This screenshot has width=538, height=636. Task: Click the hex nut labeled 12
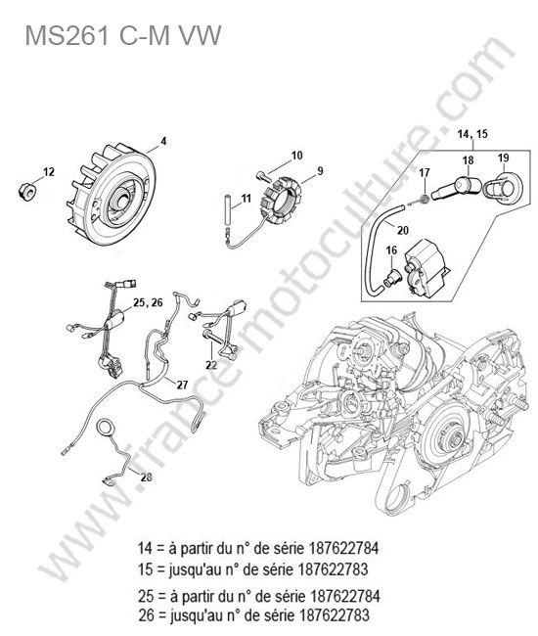click(27, 190)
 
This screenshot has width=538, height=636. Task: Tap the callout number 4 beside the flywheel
click(163, 141)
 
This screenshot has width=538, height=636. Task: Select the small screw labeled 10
click(262, 175)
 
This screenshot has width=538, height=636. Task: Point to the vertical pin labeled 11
click(229, 208)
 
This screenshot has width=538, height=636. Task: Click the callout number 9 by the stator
click(320, 171)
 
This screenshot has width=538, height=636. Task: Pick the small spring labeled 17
click(425, 199)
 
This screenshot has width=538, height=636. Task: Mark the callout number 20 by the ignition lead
click(403, 230)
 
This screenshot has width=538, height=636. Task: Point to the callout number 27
click(183, 385)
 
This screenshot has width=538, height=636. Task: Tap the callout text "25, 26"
click(148, 302)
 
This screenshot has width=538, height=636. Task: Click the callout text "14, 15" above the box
click(472, 134)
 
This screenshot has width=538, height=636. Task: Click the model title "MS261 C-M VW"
click(123, 35)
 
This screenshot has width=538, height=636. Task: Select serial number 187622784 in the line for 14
click(344, 548)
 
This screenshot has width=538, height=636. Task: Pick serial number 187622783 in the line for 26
click(335, 614)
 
